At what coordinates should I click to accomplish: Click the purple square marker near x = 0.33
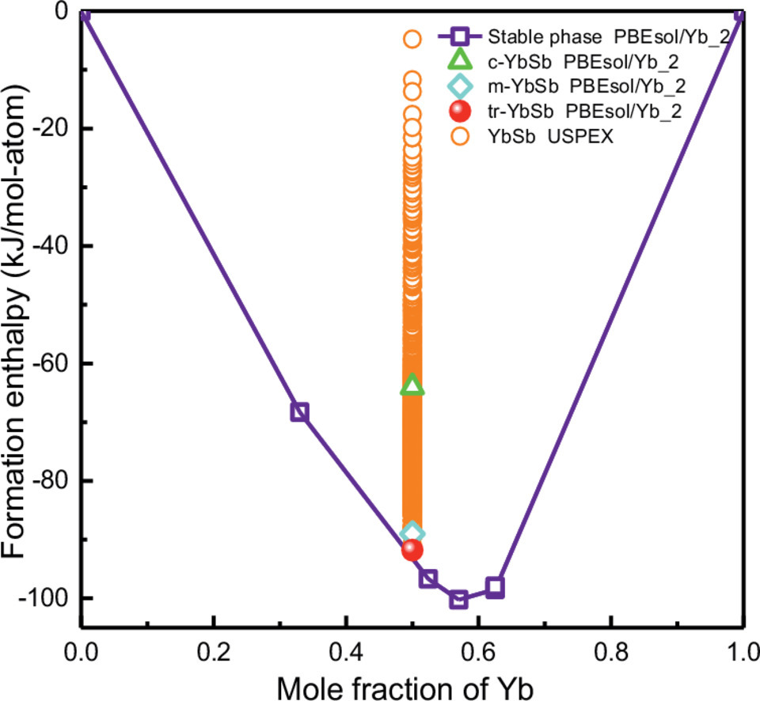click(x=299, y=411)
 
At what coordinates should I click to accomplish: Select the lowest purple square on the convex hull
click(x=458, y=600)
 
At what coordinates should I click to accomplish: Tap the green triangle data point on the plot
click(x=412, y=385)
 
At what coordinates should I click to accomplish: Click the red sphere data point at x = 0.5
click(x=412, y=549)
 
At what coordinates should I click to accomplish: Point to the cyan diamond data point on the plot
click(x=412, y=532)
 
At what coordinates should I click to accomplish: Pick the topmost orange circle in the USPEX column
click(x=412, y=38)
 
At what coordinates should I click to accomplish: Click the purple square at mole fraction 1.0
click(x=742, y=13)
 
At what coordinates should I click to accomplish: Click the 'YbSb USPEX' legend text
click(x=553, y=136)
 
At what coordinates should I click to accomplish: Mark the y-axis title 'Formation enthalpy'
click(x=19, y=316)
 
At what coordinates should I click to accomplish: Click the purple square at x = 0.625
click(x=496, y=587)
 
